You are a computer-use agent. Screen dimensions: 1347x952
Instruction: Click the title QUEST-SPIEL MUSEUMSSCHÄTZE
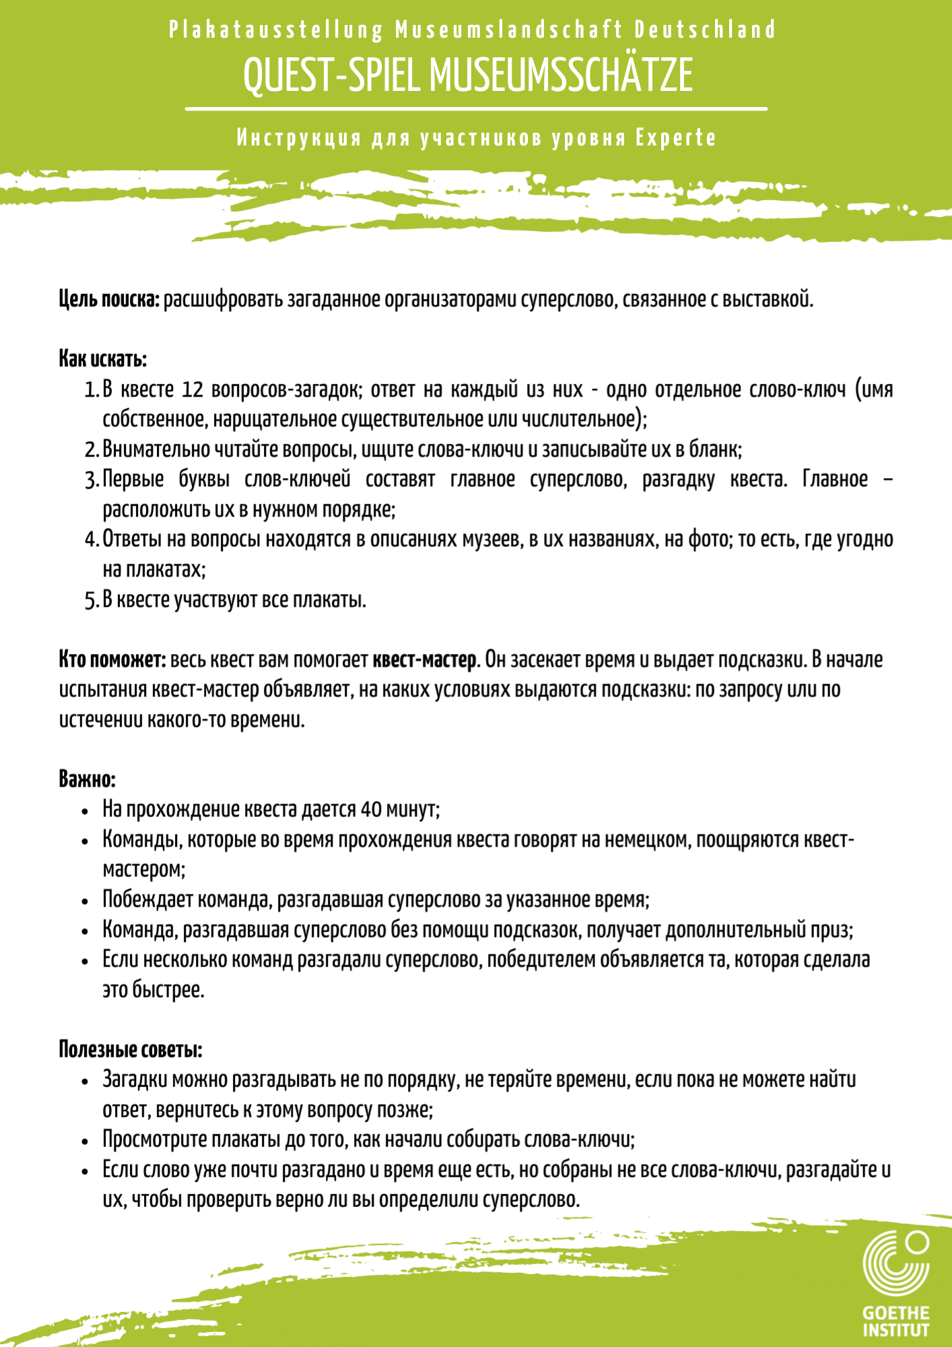click(468, 75)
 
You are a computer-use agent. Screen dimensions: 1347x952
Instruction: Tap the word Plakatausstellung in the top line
click(276, 30)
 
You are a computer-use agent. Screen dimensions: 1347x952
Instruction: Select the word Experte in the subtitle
click(676, 138)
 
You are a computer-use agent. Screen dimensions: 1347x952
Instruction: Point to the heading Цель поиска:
click(109, 299)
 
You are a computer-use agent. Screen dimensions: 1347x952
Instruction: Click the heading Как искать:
click(103, 359)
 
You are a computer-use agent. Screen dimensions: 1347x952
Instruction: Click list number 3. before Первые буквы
click(92, 480)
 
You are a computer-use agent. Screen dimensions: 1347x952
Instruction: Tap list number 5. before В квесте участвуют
click(92, 600)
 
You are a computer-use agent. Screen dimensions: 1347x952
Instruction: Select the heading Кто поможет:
click(112, 659)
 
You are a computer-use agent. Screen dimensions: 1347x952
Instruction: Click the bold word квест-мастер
click(425, 659)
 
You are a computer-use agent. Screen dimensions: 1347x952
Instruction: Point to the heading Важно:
click(88, 779)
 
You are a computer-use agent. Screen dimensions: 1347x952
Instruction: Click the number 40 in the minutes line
click(371, 809)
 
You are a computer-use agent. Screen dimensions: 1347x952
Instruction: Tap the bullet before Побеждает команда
click(85, 901)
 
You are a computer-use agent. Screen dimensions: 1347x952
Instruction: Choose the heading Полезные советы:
click(131, 1049)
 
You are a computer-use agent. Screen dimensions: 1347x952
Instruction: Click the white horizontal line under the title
click(476, 108)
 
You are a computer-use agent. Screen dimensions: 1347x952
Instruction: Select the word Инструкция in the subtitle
click(300, 138)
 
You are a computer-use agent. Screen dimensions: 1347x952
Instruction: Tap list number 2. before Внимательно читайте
click(92, 450)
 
